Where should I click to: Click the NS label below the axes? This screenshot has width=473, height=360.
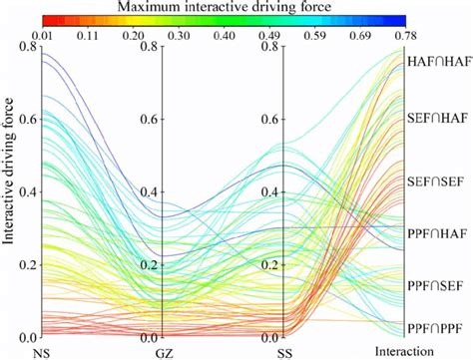coord(41,352)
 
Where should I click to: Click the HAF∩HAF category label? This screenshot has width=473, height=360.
coord(439,62)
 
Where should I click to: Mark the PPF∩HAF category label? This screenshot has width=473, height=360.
coord(439,233)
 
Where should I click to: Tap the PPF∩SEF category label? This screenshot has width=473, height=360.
coord(439,286)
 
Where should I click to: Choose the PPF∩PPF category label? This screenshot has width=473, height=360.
coord(439,328)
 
